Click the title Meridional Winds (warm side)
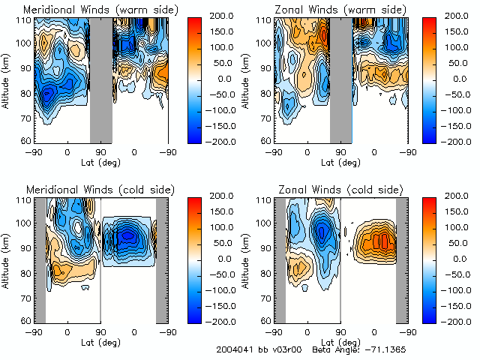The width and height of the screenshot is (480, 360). tap(100, 10)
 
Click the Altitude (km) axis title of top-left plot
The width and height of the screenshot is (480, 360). tap(7, 79)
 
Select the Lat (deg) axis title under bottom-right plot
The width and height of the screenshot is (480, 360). tap(340, 343)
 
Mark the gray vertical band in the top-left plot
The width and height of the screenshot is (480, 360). tap(101, 79)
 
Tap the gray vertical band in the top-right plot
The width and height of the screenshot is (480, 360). tap(341, 79)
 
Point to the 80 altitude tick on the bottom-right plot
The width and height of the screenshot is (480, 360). tap(266, 272)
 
